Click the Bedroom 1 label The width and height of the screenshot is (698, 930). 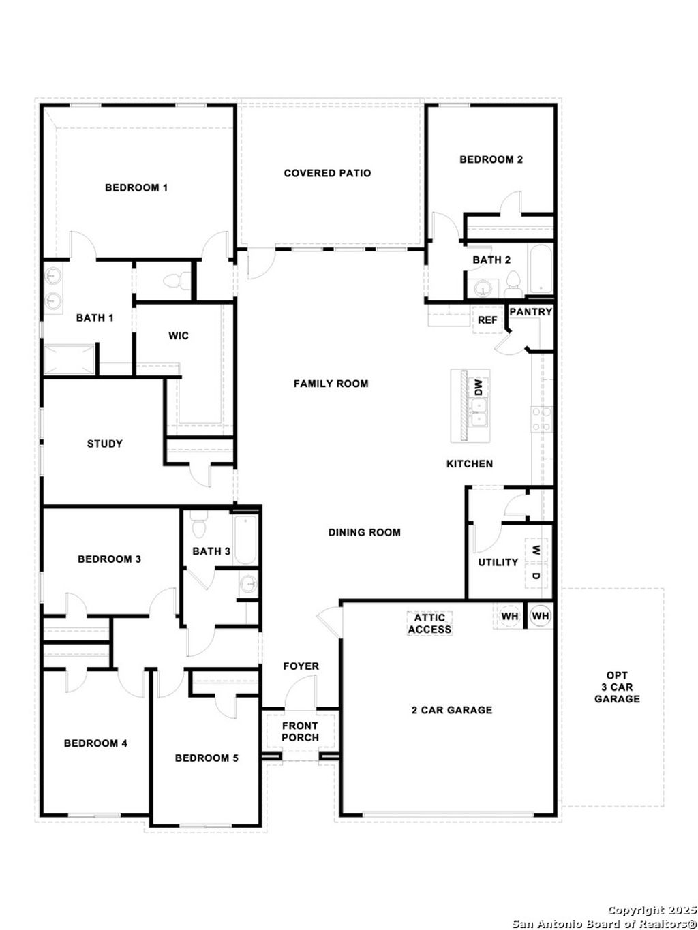[x=136, y=187]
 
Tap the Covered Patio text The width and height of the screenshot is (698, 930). [x=327, y=173]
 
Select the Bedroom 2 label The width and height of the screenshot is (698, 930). [x=491, y=159]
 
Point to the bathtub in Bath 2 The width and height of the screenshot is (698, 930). [x=540, y=269]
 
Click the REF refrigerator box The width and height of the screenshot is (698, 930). [x=487, y=320]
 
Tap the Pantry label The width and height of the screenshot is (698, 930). [x=530, y=312]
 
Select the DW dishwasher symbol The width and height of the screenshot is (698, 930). [x=479, y=388]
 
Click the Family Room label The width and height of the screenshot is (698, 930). [x=331, y=384]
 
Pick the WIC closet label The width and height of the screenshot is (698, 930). [x=179, y=336]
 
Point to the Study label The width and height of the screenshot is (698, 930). [x=105, y=444]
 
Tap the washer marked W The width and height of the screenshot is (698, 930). [x=536, y=549]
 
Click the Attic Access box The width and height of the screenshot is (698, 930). [x=429, y=623]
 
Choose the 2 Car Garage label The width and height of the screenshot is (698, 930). [x=451, y=710]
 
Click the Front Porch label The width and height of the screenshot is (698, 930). [x=300, y=732]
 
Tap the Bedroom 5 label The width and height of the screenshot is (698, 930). [x=207, y=758]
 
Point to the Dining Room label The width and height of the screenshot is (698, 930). [x=364, y=532]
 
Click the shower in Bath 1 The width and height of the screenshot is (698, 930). [x=69, y=360]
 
